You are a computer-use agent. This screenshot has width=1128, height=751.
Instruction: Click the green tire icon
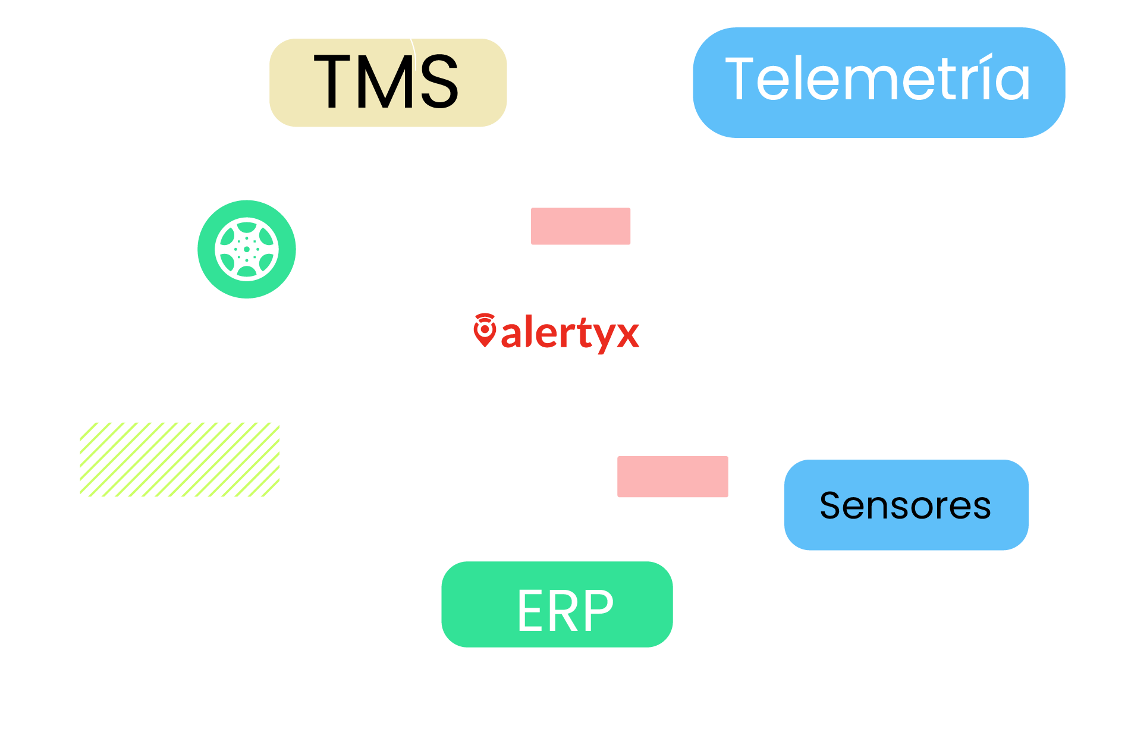coord(246,249)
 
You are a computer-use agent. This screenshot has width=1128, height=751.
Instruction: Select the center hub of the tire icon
coord(246,249)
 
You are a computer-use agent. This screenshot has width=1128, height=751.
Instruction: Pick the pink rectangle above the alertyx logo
coord(580,226)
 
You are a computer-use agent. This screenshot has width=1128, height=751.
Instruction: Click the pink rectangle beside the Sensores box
coord(672,476)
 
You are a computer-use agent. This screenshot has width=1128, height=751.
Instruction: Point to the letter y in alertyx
coord(605,337)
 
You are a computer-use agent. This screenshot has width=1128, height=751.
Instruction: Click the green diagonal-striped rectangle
coord(179,459)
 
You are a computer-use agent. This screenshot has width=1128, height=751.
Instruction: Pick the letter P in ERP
coord(599,611)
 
